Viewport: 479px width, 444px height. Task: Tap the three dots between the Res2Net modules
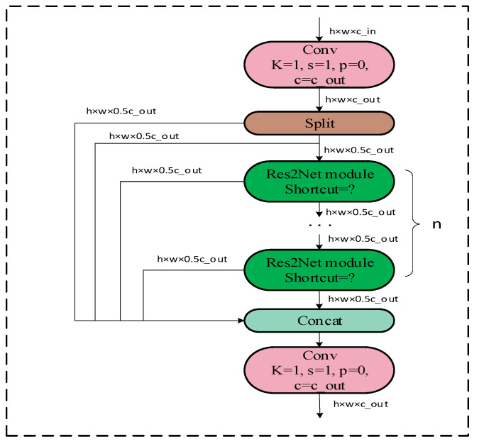tap(321, 226)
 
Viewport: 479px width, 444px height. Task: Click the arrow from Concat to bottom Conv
tap(321, 340)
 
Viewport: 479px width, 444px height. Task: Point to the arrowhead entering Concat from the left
tap(240, 321)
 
